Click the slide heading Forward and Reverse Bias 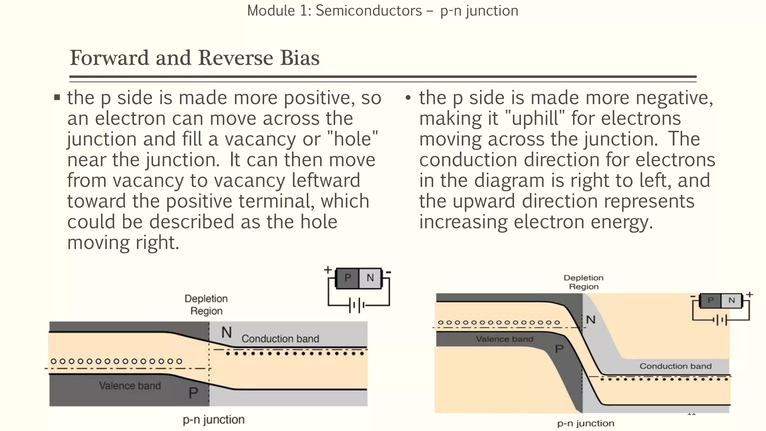coord(194,58)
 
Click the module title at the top coord(383,10)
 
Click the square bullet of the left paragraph coord(57,98)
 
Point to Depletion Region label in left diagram coord(206,305)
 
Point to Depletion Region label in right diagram coord(583,282)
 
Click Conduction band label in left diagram coord(280,339)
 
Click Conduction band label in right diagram coord(675,366)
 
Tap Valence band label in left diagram coord(130,385)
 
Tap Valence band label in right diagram coord(504,339)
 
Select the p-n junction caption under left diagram coord(214,419)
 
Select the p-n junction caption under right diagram coord(586,423)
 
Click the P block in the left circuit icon coord(347,278)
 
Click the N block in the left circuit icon coord(370,278)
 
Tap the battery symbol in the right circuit coord(720,320)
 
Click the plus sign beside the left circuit coord(328,269)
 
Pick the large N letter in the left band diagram coord(226,332)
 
